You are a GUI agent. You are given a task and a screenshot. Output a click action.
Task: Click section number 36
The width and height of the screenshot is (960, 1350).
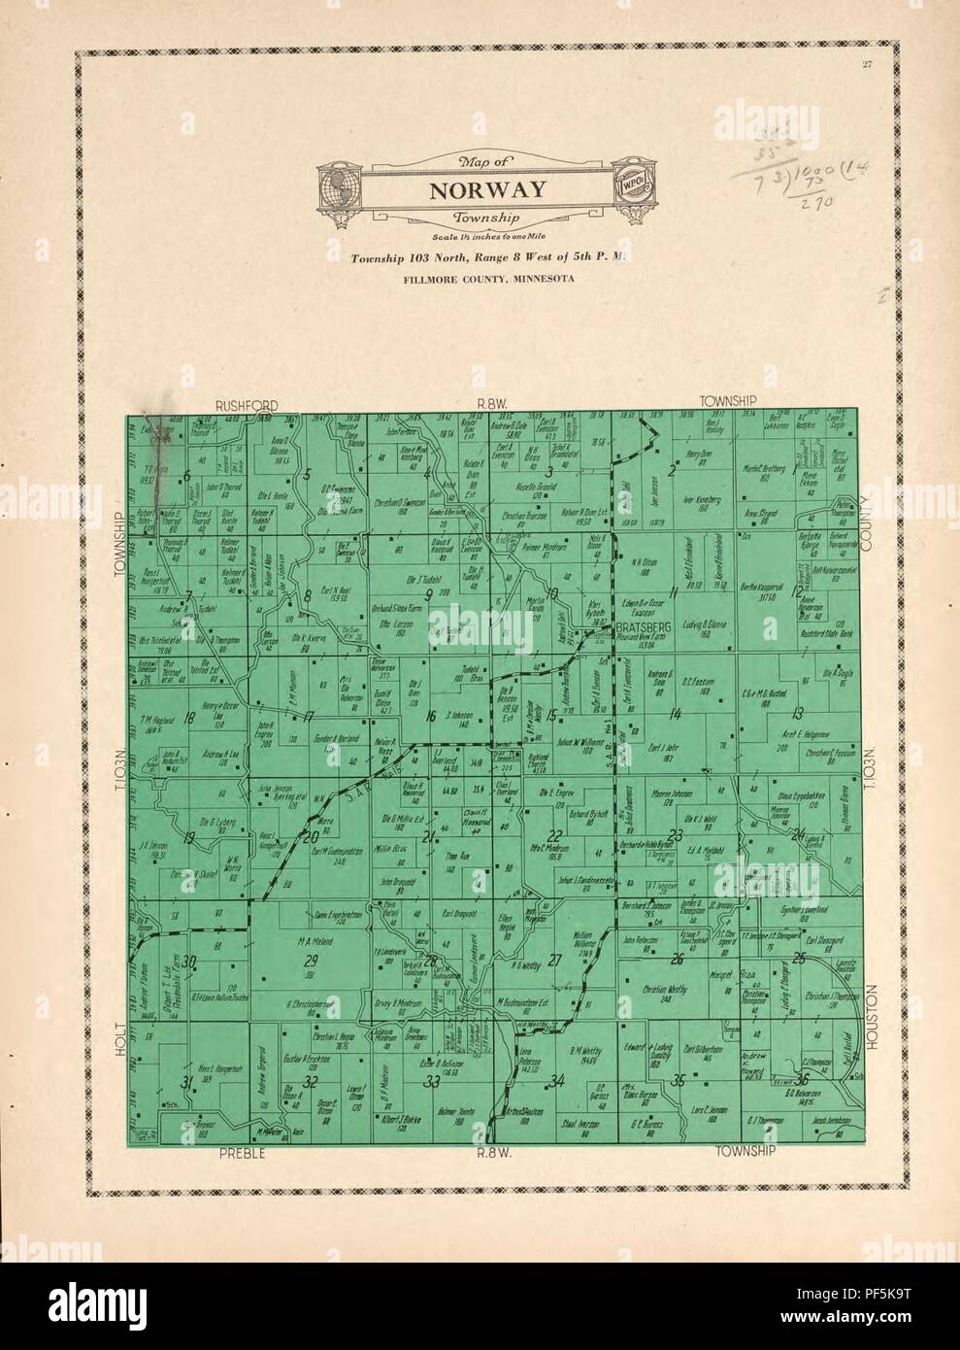tap(802, 1080)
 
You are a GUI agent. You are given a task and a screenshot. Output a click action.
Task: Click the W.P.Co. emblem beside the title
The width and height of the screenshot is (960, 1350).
tap(628, 182)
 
